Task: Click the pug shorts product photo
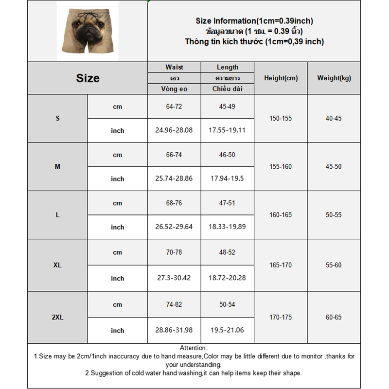(x=87, y=31)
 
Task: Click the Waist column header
(x=174, y=67)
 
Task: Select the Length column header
(x=228, y=67)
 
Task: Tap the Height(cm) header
(x=281, y=78)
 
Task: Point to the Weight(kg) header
(x=334, y=78)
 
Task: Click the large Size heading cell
(x=88, y=78)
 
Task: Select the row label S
(x=57, y=118)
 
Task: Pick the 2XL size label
(x=57, y=318)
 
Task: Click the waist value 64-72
(x=174, y=106)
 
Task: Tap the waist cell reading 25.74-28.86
(x=174, y=178)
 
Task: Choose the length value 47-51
(x=227, y=203)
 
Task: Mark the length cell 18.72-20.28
(x=227, y=278)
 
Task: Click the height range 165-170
(x=281, y=265)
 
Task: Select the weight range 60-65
(x=334, y=318)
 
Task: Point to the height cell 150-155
(x=281, y=118)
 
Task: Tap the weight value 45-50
(x=334, y=166)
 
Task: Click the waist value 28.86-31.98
(x=174, y=330)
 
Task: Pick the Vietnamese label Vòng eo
(x=174, y=89)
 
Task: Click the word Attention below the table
(x=193, y=348)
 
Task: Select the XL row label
(x=57, y=265)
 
